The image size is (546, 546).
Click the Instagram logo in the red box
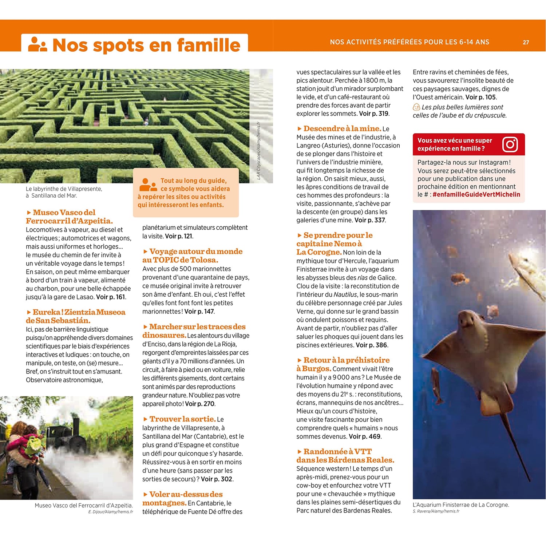point(510,145)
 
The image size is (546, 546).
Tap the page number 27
point(526,42)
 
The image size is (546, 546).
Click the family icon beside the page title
point(37,44)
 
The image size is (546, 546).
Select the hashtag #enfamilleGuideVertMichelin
point(476,195)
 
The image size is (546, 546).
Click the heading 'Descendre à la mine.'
point(342,128)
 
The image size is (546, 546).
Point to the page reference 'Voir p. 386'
point(371,345)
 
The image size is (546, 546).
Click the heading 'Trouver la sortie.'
point(182,419)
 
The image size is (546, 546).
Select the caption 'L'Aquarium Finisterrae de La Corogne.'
point(461,505)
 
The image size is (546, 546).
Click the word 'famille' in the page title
point(209,45)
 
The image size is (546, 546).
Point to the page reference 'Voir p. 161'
point(111,297)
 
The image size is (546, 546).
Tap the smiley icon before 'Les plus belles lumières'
point(416,107)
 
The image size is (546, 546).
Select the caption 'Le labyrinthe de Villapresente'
point(64,189)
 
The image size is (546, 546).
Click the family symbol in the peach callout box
point(148,185)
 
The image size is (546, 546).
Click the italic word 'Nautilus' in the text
point(345,294)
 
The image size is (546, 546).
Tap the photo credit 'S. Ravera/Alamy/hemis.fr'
point(436,511)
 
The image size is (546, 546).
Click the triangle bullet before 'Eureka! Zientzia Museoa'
point(29,312)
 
